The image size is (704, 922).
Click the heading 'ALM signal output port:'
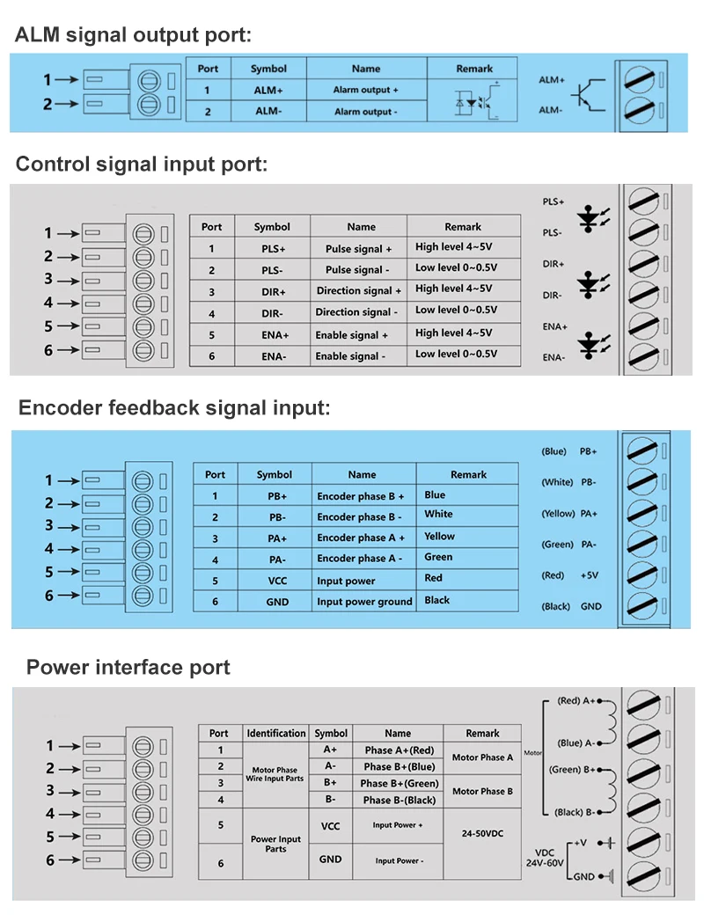point(134,36)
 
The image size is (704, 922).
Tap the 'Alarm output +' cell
point(365,90)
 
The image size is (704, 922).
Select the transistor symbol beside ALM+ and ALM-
point(584,95)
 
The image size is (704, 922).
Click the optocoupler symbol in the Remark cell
point(474,99)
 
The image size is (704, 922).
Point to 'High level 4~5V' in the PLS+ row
point(453,247)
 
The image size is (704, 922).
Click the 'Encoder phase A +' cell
point(361,538)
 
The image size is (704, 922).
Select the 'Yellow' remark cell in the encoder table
point(440,536)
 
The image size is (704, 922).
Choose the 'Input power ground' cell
point(364,602)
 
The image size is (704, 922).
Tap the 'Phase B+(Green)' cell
point(400,783)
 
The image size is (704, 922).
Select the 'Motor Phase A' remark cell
point(482,757)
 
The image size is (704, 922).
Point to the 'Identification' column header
point(276,733)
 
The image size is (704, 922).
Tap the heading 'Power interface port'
point(128,667)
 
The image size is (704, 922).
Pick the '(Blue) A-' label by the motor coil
point(577,743)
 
